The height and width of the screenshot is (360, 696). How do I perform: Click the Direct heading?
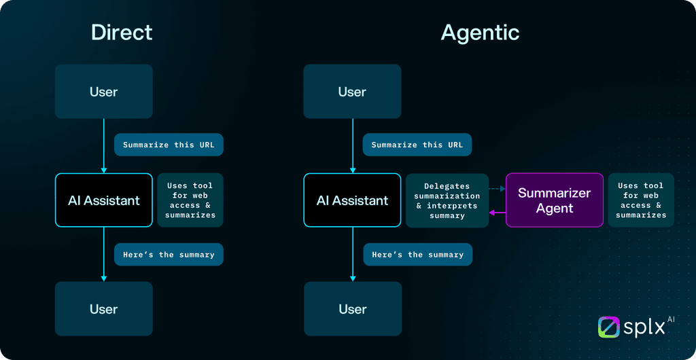(x=122, y=32)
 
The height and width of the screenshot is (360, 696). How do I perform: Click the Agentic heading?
(x=480, y=32)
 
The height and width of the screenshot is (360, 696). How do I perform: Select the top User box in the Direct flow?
(x=103, y=92)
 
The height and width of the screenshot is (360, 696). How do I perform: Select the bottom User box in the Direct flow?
(x=103, y=309)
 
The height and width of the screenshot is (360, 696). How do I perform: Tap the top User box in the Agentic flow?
(x=352, y=92)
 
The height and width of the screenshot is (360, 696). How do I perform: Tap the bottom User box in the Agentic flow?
(x=352, y=309)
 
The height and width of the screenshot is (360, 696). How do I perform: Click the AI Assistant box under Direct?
(x=103, y=200)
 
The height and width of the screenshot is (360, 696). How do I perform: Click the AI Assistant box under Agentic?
(x=352, y=200)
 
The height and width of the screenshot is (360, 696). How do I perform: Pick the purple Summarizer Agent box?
(x=555, y=200)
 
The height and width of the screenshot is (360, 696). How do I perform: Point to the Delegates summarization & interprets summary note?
(x=447, y=200)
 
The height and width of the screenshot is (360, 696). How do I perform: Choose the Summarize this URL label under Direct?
(x=169, y=145)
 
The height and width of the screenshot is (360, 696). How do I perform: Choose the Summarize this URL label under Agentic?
(x=417, y=145)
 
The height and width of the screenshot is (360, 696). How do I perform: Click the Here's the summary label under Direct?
(x=169, y=255)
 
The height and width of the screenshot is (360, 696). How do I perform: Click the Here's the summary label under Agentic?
(x=417, y=255)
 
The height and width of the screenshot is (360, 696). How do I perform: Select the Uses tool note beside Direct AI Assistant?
(x=190, y=200)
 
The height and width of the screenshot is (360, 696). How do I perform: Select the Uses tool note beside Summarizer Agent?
(x=641, y=200)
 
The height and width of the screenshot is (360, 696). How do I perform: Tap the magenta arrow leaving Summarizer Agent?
(x=498, y=213)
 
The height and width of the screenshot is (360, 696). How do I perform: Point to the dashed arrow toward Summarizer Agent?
(x=497, y=190)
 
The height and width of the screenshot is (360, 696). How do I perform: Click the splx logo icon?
(x=609, y=327)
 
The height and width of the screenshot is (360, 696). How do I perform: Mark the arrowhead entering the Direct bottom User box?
(x=103, y=278)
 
